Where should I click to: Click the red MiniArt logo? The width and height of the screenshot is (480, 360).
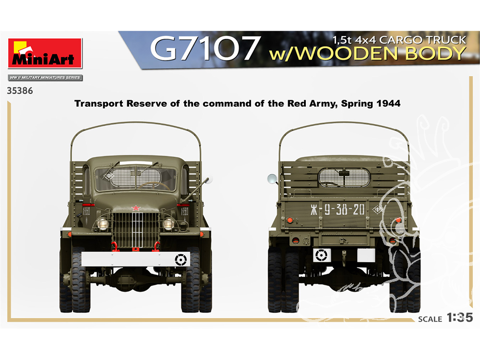[45, 53]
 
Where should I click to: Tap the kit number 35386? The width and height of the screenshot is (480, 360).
[20, 91]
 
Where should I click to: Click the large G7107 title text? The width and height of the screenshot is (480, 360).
[205, 48]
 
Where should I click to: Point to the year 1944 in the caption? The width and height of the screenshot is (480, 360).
[388, 104]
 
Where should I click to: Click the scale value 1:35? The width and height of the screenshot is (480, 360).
[460, 317]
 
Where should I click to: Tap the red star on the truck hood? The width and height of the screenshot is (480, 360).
[136, 208]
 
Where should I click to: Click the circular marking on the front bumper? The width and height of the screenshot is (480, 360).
[180, 260]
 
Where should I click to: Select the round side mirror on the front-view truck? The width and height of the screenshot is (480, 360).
[209, 180]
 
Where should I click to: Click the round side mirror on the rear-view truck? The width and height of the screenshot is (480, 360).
[272, 179]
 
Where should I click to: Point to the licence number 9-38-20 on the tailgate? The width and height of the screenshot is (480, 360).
[344, 210]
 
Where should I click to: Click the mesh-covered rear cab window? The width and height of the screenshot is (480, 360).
[344, 178]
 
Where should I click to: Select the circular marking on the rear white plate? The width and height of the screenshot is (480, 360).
[322, 255]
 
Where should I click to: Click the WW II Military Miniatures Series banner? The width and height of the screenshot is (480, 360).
[45, 78]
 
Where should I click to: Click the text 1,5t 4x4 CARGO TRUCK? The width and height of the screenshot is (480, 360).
[399, 40]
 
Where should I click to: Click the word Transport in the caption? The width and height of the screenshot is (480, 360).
[99, 104]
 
